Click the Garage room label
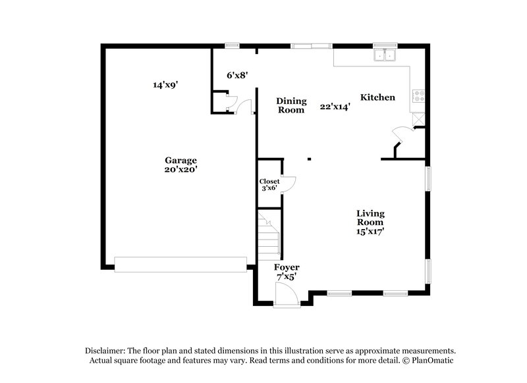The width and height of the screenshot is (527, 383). coord(180,160)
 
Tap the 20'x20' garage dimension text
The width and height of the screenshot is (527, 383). coord(180,169)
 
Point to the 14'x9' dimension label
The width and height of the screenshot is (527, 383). coord(166,84)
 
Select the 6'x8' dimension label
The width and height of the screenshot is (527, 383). coord(237,75)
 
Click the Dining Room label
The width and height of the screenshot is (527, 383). coord(291,105)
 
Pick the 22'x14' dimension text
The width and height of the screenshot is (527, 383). coord(335,106)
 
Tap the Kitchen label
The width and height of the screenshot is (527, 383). coord(377,97)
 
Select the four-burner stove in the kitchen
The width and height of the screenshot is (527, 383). coord(418,96)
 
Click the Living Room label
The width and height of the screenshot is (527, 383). coord(370,218)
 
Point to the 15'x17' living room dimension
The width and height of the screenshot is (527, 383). coord(370,231)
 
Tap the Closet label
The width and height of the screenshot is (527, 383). coord(269,181)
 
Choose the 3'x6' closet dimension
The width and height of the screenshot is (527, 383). coord(269,189)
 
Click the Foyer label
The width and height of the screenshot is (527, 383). coord(287,267)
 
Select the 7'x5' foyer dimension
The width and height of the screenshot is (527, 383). coord(287,277)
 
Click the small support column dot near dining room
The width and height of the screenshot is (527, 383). coord(309,159)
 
